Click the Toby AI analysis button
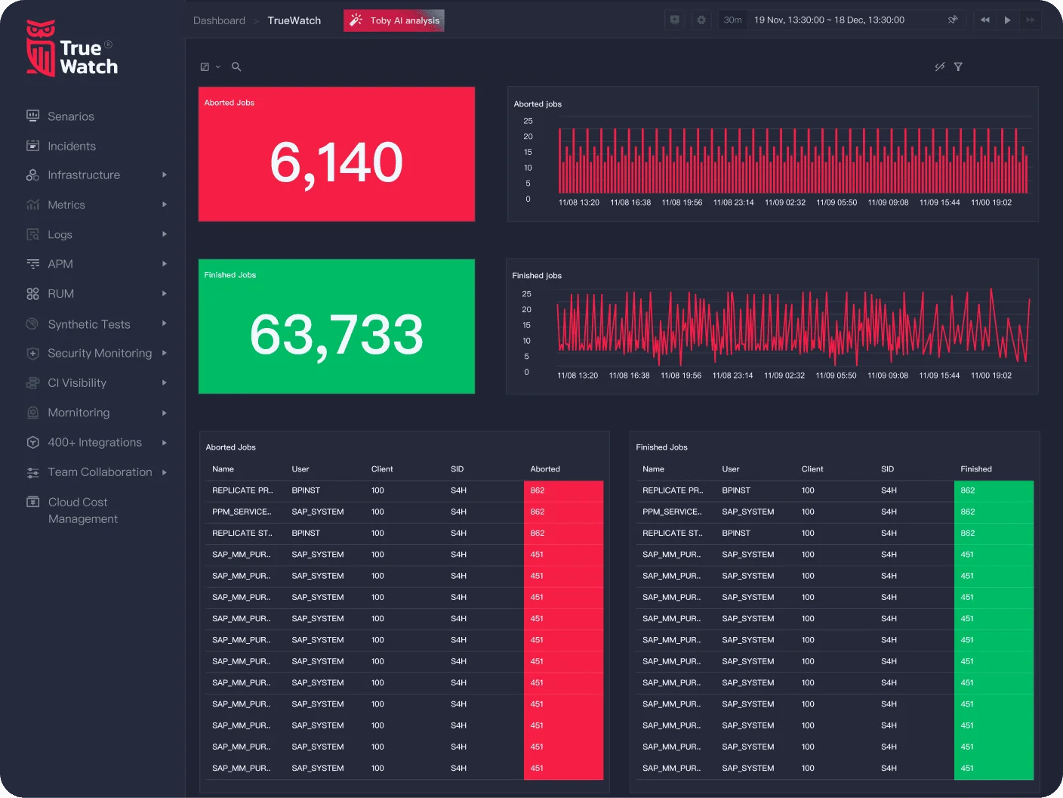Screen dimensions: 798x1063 pos(394,20)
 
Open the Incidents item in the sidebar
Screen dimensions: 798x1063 pos(71,146)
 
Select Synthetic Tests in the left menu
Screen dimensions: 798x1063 pos(88,324)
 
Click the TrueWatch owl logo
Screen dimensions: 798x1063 pos(41,48)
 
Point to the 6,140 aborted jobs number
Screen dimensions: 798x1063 pos(336,162)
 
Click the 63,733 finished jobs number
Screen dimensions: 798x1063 pos(336,334)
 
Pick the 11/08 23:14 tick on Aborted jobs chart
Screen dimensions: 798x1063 pos(733,203)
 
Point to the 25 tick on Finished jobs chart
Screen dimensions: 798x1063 pos(526,293)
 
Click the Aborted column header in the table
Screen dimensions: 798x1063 pos(545,469)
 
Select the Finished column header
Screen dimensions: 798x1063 pos(975,469)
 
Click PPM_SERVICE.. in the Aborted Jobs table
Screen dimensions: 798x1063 pos(241,512)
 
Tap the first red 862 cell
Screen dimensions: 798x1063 pos(538,490)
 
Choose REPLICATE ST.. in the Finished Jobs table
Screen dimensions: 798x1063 pos(672,533)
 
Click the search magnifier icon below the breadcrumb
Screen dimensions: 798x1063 pos(236,67)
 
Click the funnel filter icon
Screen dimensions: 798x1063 pos(958,67)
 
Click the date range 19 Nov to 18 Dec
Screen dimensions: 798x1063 pos(829,20)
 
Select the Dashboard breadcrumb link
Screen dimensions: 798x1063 pos(219,20)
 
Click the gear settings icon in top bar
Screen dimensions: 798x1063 pos(701,20)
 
